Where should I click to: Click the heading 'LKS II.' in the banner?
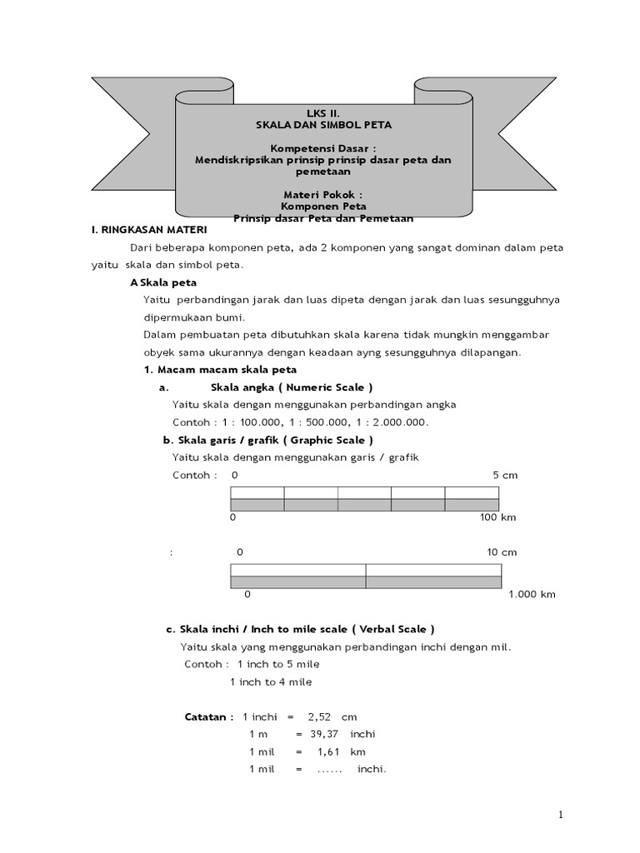pos(322,112)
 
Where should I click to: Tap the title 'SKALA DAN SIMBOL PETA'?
pos(322,124)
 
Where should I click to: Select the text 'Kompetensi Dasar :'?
pos(322,147)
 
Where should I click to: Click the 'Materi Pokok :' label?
pos(322,194)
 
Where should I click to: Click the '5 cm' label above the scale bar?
pos(505,475)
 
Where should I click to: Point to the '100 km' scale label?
pos(498,517)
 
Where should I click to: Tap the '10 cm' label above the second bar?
pos(502,552)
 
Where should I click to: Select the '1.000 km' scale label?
pos(532,595)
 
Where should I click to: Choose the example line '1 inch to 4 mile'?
pos(271,681)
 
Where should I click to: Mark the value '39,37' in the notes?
pos(326,734)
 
